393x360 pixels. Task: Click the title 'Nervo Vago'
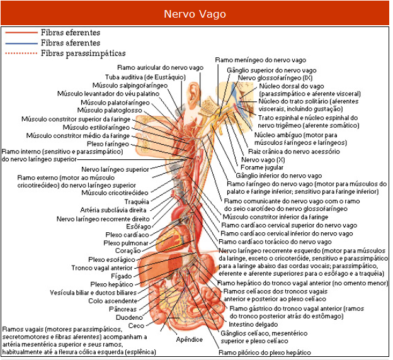pyautogui.click(x=195, y=14)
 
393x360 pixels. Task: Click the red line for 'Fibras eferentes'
pyautogui.click(x=21, y=33)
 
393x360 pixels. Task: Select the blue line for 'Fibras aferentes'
pyautogui.click(x=21, y=43)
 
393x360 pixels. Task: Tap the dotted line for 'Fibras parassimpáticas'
pyautogui.click(x=21, y=53)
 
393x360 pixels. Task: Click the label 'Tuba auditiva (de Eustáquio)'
pyautogui.click(x=145, y=77)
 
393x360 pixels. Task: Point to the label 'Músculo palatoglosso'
pyautogui.click(x=110, y=110)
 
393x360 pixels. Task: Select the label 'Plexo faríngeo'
pyautogui.click(x=108, y=144)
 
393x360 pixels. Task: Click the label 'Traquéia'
pyautogui.click(x=137, y=201)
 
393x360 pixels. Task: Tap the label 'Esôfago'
pyautogui.click(x=139, y=227)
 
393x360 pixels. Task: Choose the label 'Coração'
pyautogui.click(x=128, y=250)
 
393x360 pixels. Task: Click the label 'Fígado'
pyautogui.click(x=122, y=276)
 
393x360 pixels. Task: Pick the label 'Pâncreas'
pyautogui.click(x=123, y=309)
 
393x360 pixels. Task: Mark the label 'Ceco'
pyautogui.click(x=136, y=325)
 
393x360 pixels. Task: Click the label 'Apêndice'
pyautogui.click(x=189, y=340)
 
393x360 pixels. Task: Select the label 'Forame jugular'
pyautogui.click(x=262, y=167)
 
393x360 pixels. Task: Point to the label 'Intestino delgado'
pyautogui.click(x=253, y=324)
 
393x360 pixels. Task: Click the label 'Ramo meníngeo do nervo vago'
pyautogui.click(x=261, y=60)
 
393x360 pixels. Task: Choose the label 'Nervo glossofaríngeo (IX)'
pyautogui.click(x=275, y=78)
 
